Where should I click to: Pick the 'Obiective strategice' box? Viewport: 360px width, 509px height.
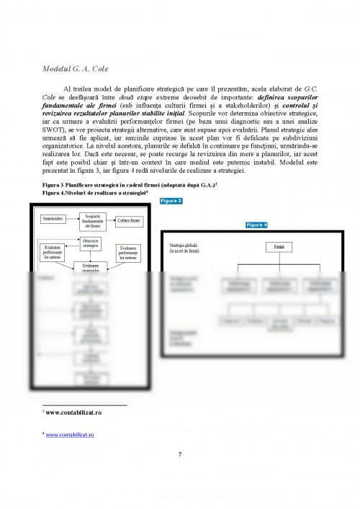tap(91, 244)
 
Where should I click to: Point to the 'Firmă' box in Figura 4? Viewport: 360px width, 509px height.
tap(278, 247)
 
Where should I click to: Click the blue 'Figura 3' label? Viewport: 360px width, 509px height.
tap(171, 201)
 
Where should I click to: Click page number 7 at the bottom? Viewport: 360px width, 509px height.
tap(180, 454)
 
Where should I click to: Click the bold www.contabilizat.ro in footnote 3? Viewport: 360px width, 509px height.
tap(73, 413)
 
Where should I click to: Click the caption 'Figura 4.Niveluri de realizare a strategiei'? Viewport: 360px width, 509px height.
tap(94, 194)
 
